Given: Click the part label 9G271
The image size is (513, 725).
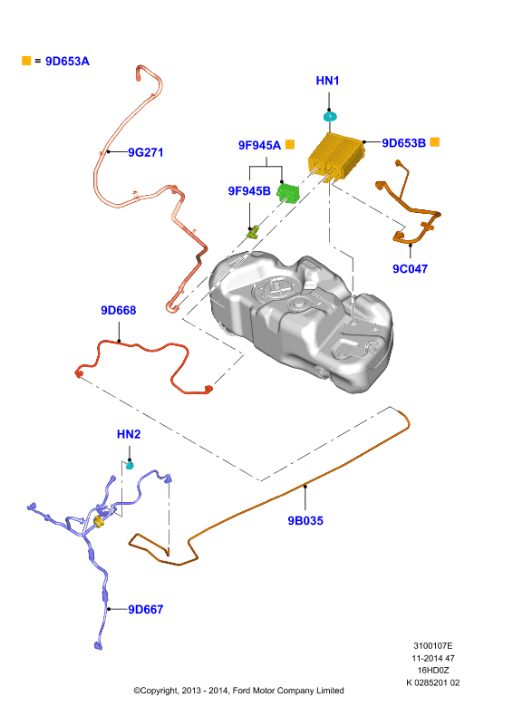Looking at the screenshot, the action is click(x=145, y=152).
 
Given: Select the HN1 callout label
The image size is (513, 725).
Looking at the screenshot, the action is click(x=327, y=81).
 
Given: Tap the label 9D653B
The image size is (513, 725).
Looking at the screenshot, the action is click(x=404, y=143).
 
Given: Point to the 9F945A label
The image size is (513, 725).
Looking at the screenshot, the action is click(x=259, y=145).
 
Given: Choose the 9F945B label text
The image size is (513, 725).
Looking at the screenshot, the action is click(x=249, y=191).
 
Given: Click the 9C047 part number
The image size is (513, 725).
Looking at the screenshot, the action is click(x=410, y=268).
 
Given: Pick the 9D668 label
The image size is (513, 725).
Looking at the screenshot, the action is click(x=119, y=310).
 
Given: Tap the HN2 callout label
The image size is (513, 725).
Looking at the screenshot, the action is click(x=129, y=434).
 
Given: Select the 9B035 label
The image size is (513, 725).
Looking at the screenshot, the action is click(x=305, y=520).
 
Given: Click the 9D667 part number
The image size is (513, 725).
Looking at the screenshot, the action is click(x=146, y=609).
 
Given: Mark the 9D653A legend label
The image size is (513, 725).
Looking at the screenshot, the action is click(x=67, y=61).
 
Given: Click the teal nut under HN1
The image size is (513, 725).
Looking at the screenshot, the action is click(x=329, y=116).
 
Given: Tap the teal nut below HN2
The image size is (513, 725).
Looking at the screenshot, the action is click(x=130, y=465).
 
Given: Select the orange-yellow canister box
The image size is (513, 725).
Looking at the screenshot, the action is click(x=335, y=156).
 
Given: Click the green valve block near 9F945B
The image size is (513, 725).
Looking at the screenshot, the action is click(x=287, y=192).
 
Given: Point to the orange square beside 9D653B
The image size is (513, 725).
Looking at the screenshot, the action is click(x=434, y=142).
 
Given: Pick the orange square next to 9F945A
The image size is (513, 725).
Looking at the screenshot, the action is click(x=289, y=144).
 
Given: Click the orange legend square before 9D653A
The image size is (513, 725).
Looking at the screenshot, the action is click(x=26, y=61).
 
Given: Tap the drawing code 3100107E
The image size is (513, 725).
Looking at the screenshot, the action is click(x=433, y=645).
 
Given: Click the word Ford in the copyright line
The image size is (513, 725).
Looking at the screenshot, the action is click(x=241, y=691).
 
